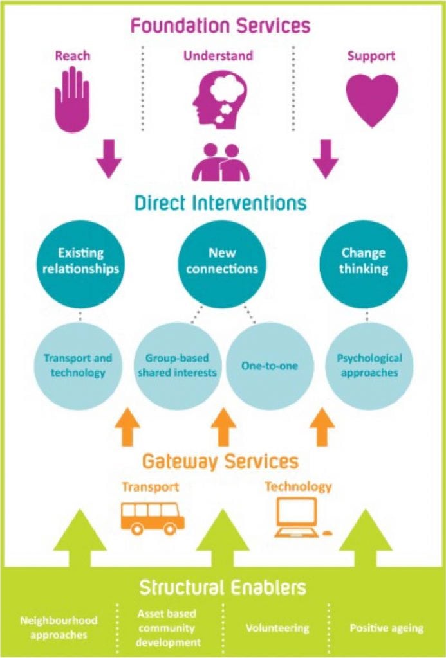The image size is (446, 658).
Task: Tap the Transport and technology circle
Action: [x=78, y=366]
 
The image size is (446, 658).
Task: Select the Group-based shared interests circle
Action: [x=177, y=366]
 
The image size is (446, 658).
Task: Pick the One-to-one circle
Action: [x=270, y=366]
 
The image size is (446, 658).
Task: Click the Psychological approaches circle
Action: [x=369, y=366]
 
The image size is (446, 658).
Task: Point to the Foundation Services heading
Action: [x=220, y=26]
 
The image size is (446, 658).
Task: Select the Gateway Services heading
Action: [x=220, y=461]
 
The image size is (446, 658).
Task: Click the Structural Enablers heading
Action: [x=223, y=587]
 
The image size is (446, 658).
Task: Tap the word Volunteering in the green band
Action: [x=277, y=628]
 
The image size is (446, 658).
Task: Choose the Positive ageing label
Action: [x=387, y=628]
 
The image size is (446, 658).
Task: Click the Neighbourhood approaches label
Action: [x=59, y=627]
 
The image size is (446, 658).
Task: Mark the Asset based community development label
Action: [x=167, y=628]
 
